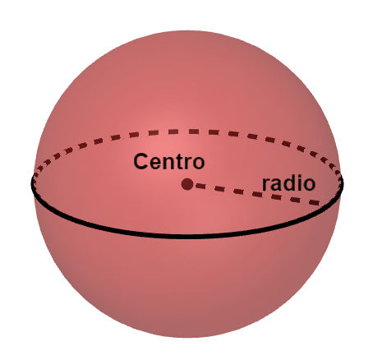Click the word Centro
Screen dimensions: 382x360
point(169,161)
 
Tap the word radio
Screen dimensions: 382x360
point(288,183)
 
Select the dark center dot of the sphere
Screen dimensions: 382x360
point(187,184)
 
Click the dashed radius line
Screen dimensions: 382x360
point(257,194)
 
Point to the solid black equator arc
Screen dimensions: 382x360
point(187,236)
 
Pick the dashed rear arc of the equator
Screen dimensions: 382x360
point(187,132)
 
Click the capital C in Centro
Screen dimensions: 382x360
point(140,161)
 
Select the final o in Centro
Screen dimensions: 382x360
point(198,164)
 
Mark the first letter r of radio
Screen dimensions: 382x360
point(266,185)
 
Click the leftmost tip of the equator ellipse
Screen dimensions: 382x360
point(32,183)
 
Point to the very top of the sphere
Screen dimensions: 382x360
point(189,30)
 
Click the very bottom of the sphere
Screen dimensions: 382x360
point(189,338)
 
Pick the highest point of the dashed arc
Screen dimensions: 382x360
point(189,132)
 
